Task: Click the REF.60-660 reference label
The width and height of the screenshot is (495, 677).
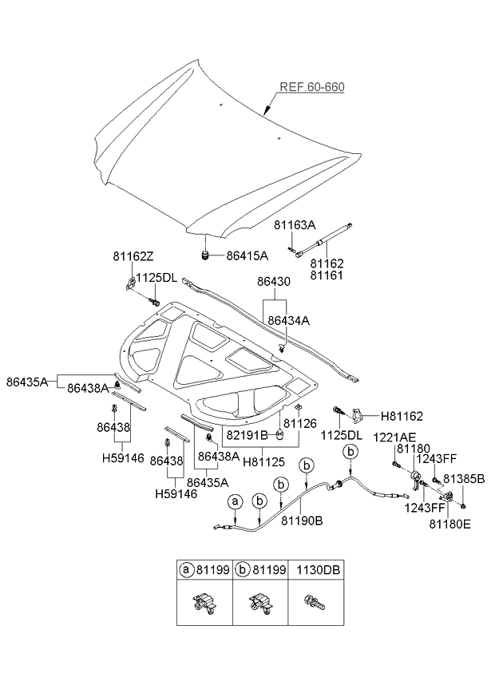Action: point(311,87)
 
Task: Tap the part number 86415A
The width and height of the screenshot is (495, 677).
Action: point(247,255)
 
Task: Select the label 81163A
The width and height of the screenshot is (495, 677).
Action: point(295,227)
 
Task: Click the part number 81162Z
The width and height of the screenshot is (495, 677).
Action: point(132,256)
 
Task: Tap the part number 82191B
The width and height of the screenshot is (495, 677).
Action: point(247,435)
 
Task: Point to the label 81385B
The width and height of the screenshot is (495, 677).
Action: point(463,479)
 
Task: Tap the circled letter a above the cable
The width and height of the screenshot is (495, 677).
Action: point(235,501)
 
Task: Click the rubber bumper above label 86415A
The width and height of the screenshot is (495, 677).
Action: point(205,255)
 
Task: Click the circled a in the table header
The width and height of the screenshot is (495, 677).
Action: point(186,571)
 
